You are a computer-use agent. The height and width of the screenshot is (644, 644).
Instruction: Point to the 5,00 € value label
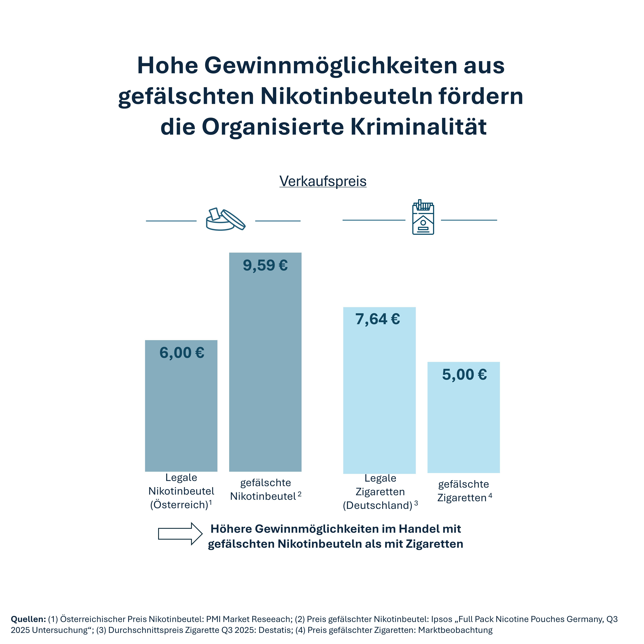click(x=464, y=375)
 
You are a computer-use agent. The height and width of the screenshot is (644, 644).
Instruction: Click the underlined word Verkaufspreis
click(x=323, y=181)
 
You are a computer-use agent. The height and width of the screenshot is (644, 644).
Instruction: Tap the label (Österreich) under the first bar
click(x=179, y=505)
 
